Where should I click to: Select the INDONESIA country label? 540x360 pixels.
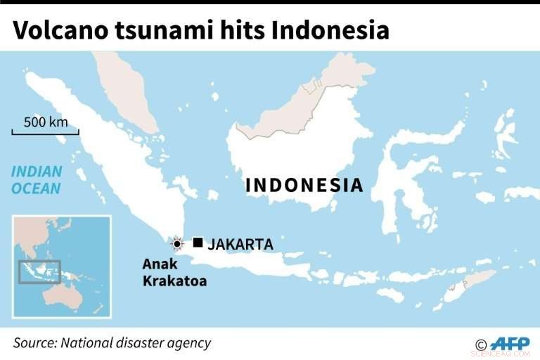coord(304,186)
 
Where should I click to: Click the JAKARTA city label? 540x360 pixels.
coord(240,245)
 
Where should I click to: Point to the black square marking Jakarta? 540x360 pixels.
coord(198,243)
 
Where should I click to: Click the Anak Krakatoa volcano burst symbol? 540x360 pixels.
coord(177,244)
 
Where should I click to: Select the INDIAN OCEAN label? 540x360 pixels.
coord(36,180)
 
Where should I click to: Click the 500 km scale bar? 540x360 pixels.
coord(45,131)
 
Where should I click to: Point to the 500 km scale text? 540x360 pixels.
coord(46,122)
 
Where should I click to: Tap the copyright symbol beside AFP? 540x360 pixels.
coord(482,345)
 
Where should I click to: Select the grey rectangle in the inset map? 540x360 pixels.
coord(39,271)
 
